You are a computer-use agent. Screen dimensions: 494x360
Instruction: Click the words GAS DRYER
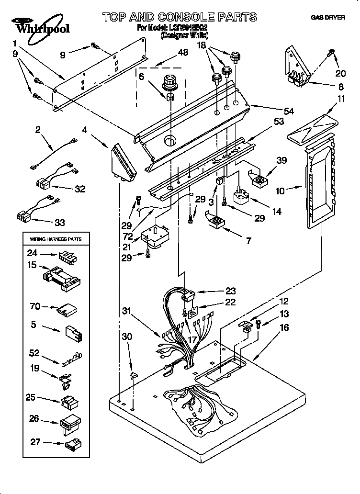328,18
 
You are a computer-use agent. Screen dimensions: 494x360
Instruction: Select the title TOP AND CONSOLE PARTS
180,17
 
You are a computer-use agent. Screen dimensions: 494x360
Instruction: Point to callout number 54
288,111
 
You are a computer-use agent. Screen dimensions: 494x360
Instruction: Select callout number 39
282,160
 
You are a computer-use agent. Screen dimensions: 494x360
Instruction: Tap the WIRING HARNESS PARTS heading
56,238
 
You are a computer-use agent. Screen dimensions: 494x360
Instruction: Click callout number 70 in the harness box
35,307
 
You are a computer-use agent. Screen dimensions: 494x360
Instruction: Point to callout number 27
35,442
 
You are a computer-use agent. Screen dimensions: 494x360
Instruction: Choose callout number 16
284,328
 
